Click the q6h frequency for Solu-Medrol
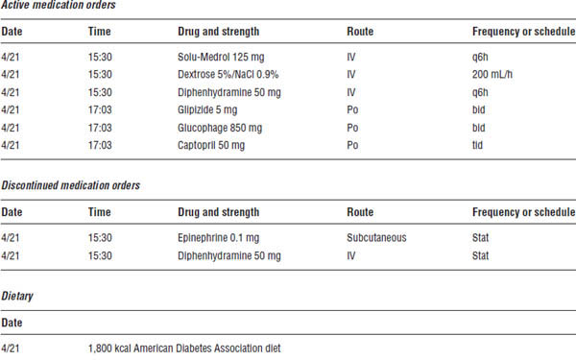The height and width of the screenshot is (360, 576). coord(481,57)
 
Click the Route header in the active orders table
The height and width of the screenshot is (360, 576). coord(360,32)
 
